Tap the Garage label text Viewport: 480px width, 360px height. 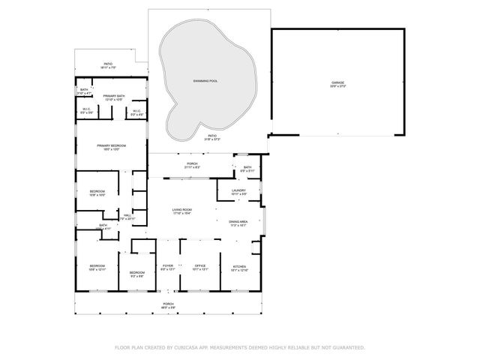337,82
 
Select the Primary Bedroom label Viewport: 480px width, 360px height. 111,145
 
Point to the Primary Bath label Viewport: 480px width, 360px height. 113,96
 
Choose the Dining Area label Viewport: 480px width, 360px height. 238,222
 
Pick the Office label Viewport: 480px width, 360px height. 199,265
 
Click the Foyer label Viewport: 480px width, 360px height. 168,265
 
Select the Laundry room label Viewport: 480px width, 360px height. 238,191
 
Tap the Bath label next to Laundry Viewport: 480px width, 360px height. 247,168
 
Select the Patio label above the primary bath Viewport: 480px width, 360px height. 107,64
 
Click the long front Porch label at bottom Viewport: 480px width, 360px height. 169,304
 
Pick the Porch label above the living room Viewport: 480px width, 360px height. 192,163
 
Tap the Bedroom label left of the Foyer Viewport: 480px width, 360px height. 136,272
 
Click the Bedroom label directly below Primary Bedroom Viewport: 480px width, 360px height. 97,192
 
